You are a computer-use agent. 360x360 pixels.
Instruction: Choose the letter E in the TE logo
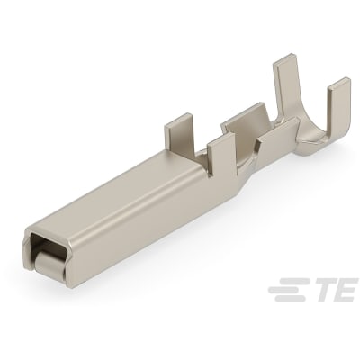coord(346,290)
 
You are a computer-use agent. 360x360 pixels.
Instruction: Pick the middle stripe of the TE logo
coord(285,290)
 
